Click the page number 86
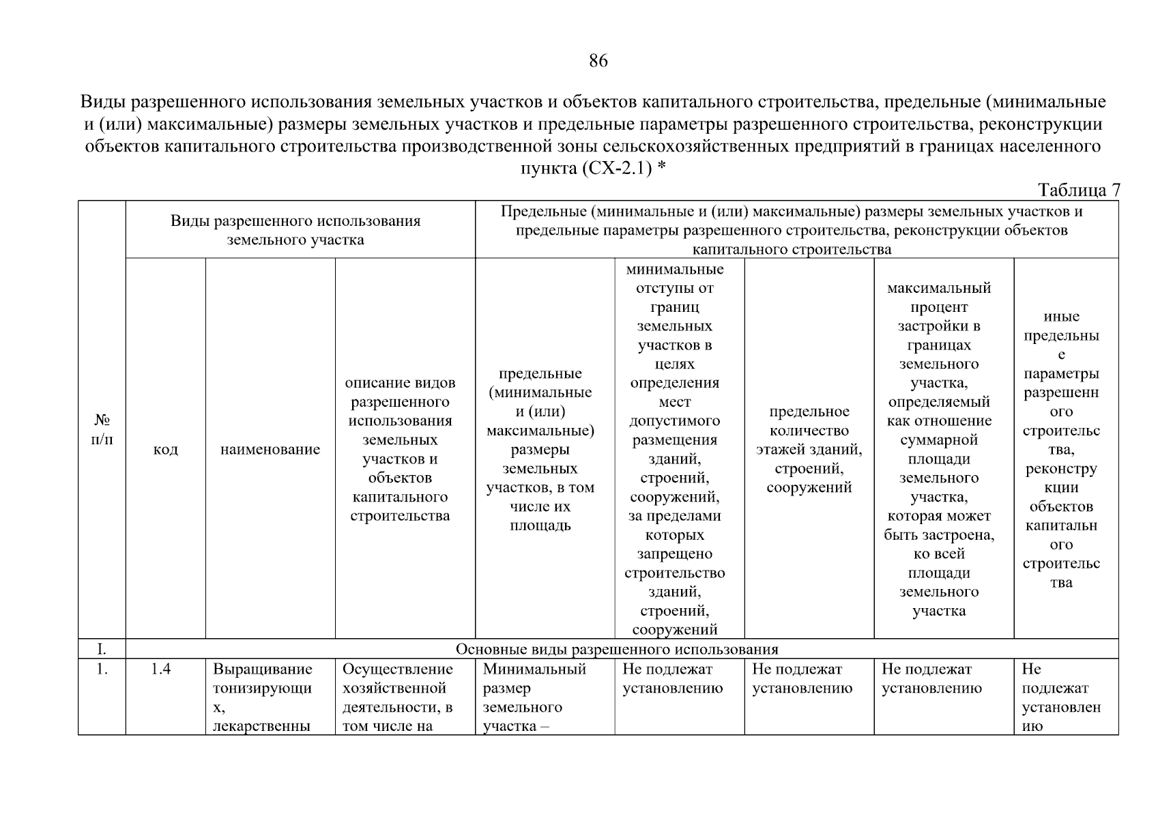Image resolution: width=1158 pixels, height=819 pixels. [598, 61]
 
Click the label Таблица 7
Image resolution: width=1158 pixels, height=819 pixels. [1078, 190]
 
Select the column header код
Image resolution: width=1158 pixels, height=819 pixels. [165, 450]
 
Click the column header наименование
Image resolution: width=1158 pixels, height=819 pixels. [270, 450]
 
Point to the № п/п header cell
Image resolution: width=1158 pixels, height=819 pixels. [102, 429]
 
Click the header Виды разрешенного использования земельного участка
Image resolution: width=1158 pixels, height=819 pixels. [295, 231]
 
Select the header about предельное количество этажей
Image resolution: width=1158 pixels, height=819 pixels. [809, 449]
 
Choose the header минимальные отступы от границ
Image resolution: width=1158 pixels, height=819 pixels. [674, 449]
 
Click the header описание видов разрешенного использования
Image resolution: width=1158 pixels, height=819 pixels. [401, 449]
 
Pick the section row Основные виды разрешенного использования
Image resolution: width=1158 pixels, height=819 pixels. [616, 648]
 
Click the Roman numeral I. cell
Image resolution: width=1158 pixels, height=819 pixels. [102, 648]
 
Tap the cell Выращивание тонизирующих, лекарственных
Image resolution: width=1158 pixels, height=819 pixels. [263, 697]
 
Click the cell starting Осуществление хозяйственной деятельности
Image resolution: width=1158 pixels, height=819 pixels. [398, 697]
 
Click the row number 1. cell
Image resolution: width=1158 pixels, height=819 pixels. [102, 670]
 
